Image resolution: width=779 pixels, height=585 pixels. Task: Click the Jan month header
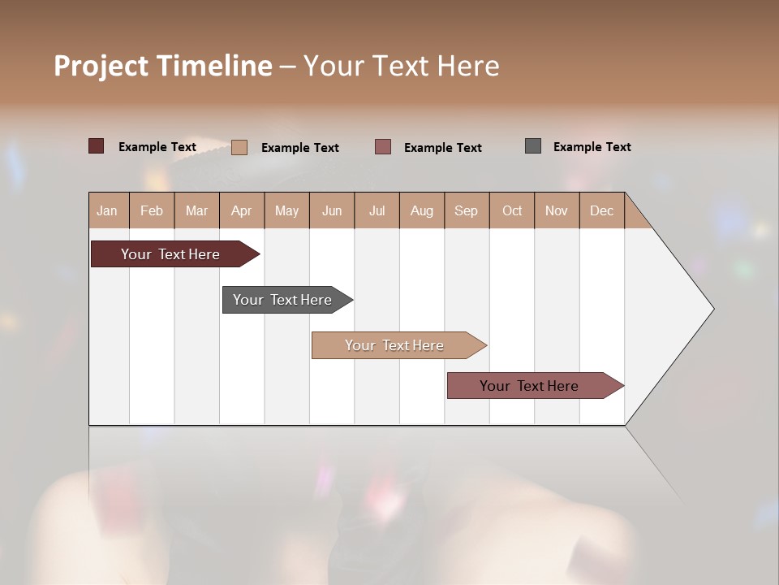pos(108,210)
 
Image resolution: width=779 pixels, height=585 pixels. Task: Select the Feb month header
pos(152,210)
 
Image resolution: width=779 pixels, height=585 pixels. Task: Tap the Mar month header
pos(196,210)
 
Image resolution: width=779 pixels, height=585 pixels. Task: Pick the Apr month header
pos(242,210)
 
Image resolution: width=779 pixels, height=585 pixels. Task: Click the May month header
pos(286,210)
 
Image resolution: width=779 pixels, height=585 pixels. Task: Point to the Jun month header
pos(332,210)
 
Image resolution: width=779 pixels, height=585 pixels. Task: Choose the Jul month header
pos(377,210)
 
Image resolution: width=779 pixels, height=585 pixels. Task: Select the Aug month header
pos(422,210)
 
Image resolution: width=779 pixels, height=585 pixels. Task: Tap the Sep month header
pos(467,210)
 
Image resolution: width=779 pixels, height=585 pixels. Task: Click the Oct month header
pos(512,210)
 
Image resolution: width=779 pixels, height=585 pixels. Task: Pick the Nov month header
pos(557,210)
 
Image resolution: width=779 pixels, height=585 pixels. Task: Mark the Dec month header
pos(602,210)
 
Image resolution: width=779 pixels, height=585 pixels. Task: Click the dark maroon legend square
pos(97,146)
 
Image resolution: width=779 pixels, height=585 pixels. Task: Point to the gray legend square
pos(533,146)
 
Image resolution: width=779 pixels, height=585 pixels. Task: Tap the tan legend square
pos(239,147)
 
